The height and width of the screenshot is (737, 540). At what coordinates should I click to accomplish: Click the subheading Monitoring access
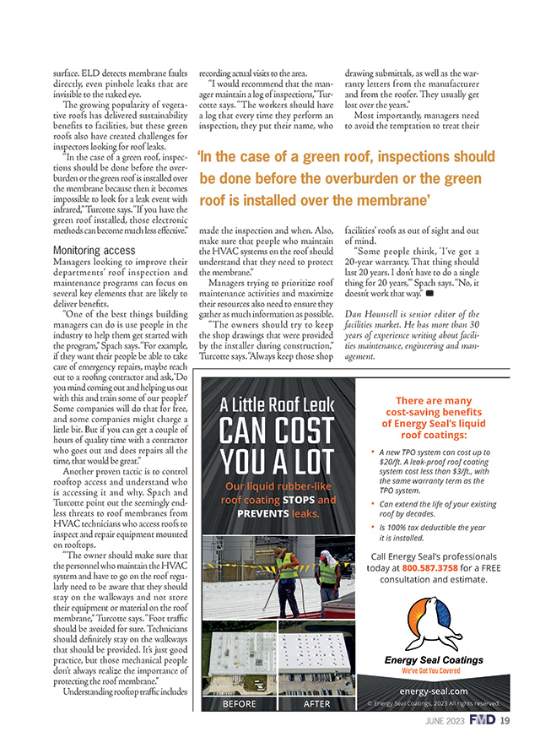93,251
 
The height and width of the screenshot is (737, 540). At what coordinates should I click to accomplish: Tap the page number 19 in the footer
505,720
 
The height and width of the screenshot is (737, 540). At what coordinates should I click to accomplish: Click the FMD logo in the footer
484,720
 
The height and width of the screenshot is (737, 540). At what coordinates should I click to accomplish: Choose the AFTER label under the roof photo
316,702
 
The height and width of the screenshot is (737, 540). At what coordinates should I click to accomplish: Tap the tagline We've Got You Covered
434,669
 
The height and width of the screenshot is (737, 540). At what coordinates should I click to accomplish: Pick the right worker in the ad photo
328,574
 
